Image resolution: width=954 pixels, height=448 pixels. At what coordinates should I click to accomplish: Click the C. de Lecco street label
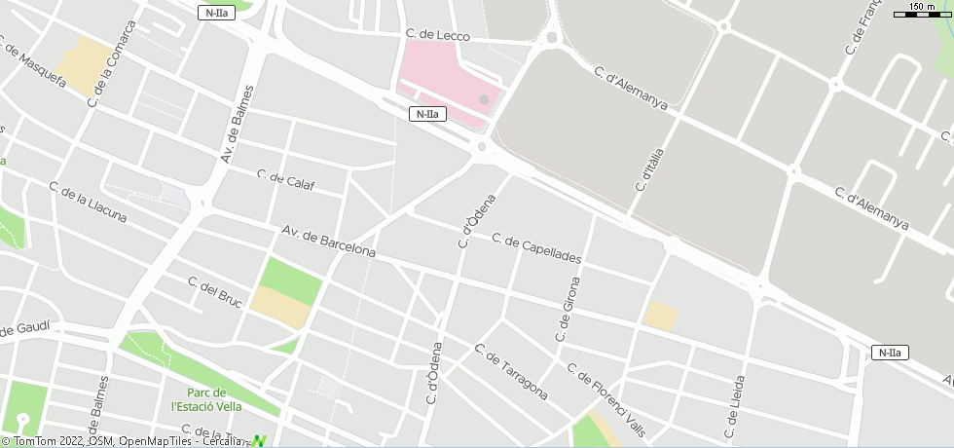coord(437,36)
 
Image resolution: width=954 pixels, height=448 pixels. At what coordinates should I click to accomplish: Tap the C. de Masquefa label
coord(32,63)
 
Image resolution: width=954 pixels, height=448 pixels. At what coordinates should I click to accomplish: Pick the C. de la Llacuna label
coord(88,203)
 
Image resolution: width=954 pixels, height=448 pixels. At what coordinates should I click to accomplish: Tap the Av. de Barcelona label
coord(328,241)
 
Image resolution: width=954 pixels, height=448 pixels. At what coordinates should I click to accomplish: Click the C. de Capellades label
coord(536,249)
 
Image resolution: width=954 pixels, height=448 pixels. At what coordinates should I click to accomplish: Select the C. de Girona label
coord(568,309)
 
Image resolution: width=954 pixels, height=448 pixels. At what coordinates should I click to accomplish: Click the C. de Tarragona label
coord(510,371)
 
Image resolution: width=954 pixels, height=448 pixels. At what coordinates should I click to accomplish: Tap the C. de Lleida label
coord(735,405)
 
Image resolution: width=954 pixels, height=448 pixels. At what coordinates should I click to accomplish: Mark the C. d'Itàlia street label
coord(647,181)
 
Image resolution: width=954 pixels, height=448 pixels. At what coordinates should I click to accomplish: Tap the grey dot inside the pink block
coord(484,99)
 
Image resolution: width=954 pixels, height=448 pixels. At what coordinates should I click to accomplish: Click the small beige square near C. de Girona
coord(661,316)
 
